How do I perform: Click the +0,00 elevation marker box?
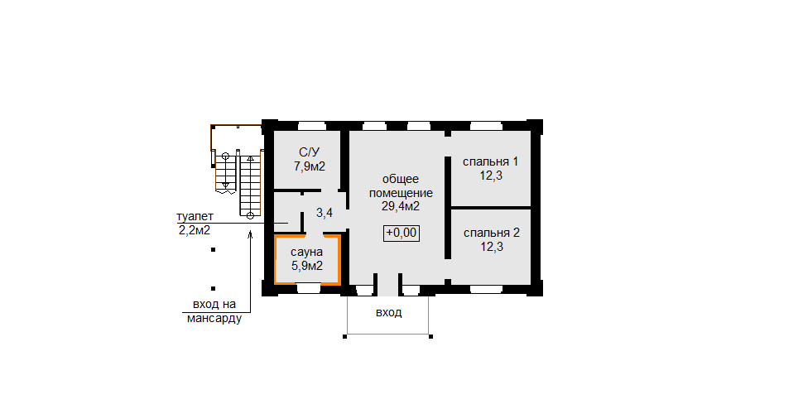click(401, 233)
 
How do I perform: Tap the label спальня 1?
click(491, 162)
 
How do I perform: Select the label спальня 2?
click(492, 233)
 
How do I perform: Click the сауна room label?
click(307, 253)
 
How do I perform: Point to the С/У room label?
click(310, 152)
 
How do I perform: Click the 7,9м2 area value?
click(310, 166)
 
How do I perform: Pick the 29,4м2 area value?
click(401, 206)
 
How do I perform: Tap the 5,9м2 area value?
click(307, 266)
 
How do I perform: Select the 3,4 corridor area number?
click(325, 213)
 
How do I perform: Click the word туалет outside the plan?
click(195, 217)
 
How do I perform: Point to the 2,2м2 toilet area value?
click(195, 230)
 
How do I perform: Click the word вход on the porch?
click(389, 312)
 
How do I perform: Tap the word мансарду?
click(214, 319)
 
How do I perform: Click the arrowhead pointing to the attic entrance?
click(251, 234)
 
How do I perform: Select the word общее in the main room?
click(401, 180)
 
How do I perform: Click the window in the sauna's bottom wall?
click(309, 289)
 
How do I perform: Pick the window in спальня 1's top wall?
click(486, 126)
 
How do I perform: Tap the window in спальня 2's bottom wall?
click(486, 290)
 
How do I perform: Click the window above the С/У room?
click(312, 126)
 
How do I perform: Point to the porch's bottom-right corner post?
click(430, 337)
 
